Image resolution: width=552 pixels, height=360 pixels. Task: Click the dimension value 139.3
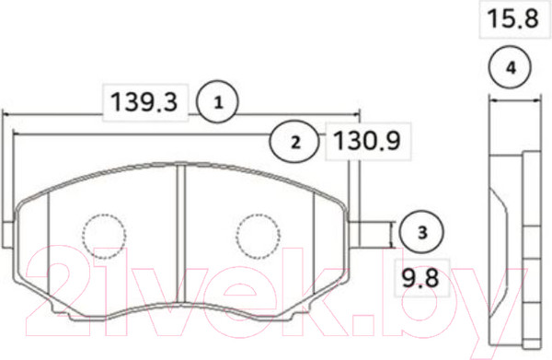144,102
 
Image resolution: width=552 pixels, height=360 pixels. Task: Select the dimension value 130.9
367,141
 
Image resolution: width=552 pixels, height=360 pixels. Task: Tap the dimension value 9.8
420,278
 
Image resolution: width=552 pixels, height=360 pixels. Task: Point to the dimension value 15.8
512,18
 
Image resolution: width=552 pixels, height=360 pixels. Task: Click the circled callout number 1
218,102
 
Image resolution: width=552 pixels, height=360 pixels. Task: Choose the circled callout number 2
295,142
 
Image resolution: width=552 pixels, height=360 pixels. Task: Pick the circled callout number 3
421,232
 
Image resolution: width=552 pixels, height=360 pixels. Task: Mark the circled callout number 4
511,67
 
